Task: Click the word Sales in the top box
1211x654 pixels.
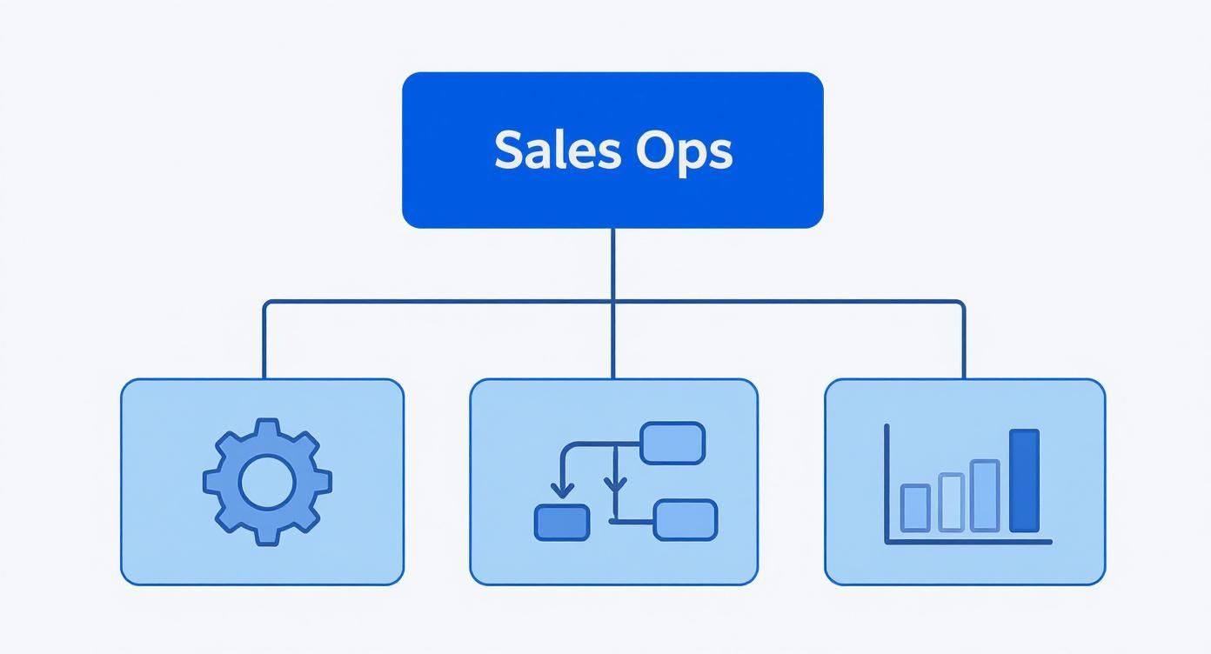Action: click(x=557, y=150)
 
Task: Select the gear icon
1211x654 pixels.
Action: click(x=267, y=482)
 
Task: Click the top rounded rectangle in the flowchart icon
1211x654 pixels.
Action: click(x=672, y=443)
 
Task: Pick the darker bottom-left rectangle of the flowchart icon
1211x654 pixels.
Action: click(x=561, y=522)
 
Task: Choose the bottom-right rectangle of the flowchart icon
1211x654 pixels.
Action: click(x=686, y=520)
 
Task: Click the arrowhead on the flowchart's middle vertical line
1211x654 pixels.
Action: click(x=616, y=485)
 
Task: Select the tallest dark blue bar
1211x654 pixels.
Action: click(x=1024, y=481)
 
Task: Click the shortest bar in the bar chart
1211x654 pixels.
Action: click(x=914, y=508)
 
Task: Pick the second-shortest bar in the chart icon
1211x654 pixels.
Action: click(x=952, y=502)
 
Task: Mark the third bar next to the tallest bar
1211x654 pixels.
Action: click(x=985, y=496)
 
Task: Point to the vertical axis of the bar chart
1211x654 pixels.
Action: click(x=887, y=483)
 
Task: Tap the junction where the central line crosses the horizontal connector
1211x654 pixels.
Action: click(x=613, y=302)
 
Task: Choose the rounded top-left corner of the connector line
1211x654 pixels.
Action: click(x=266, y=304)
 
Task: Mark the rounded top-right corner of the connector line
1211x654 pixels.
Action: click(x=961, y=304)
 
